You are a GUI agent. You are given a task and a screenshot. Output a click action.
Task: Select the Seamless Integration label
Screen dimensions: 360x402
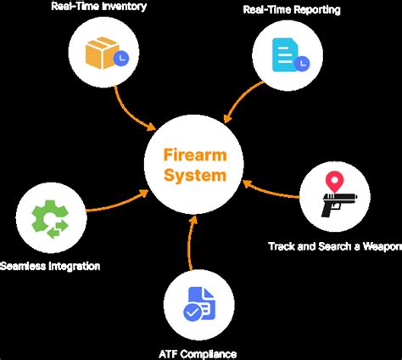[x=50, y=266]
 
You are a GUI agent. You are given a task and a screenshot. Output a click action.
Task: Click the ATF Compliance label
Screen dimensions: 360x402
[x=198, y=353]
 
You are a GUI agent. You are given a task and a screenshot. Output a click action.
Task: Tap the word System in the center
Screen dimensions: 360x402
[x=197, y=177]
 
